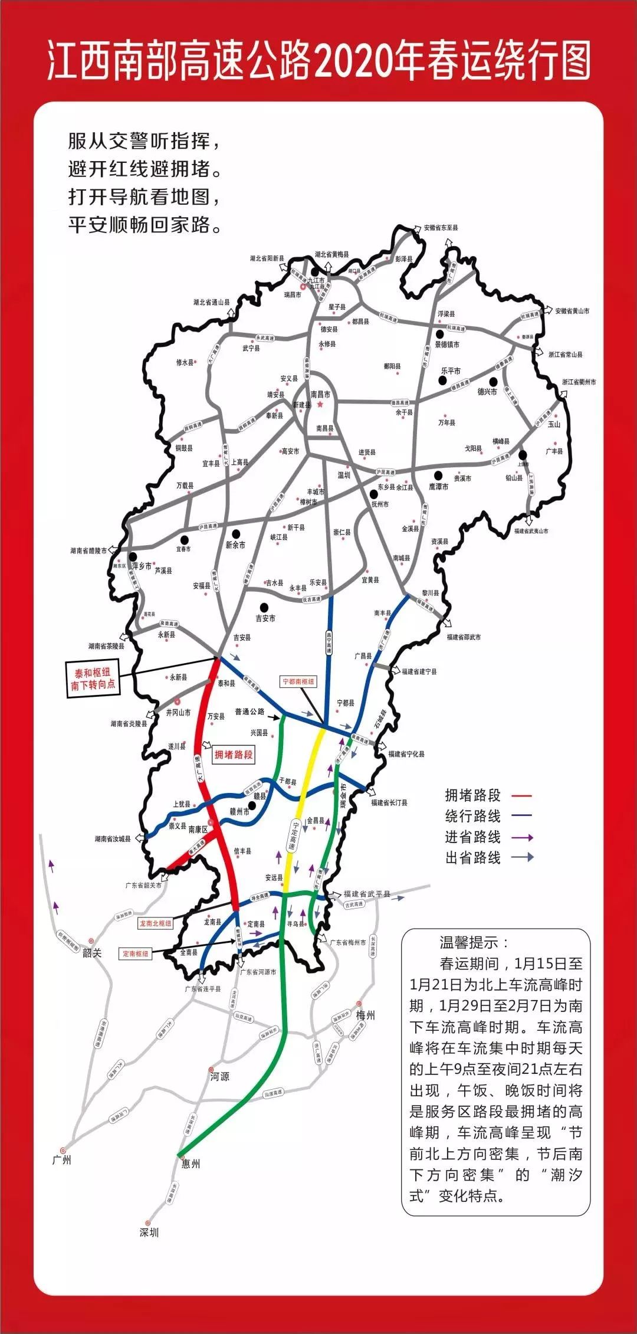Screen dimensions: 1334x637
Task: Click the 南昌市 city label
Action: click(x=320, y=394)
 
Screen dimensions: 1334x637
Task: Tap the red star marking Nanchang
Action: click(x=320, y=405)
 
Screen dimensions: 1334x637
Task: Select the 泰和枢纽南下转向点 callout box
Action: click(x=94, y=679)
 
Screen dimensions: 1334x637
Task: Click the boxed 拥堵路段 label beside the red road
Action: click(x=233, y=754)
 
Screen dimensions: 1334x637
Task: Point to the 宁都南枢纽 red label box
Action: click(x=298, y=681)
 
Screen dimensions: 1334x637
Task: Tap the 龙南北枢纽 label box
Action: click(x=155, y=923)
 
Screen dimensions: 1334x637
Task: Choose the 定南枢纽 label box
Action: click(x=135, y=953)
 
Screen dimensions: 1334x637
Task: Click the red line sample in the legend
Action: click(x=521, y=796)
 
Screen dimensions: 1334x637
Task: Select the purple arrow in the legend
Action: click(x=522, y=837)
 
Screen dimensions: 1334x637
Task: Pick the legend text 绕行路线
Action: click(x=472, y=817)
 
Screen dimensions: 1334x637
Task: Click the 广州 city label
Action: click(x=62, y=1160)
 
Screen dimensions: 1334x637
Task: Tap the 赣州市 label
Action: click(x=239, y=812)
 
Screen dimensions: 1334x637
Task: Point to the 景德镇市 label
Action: click(x=447, y=345)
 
